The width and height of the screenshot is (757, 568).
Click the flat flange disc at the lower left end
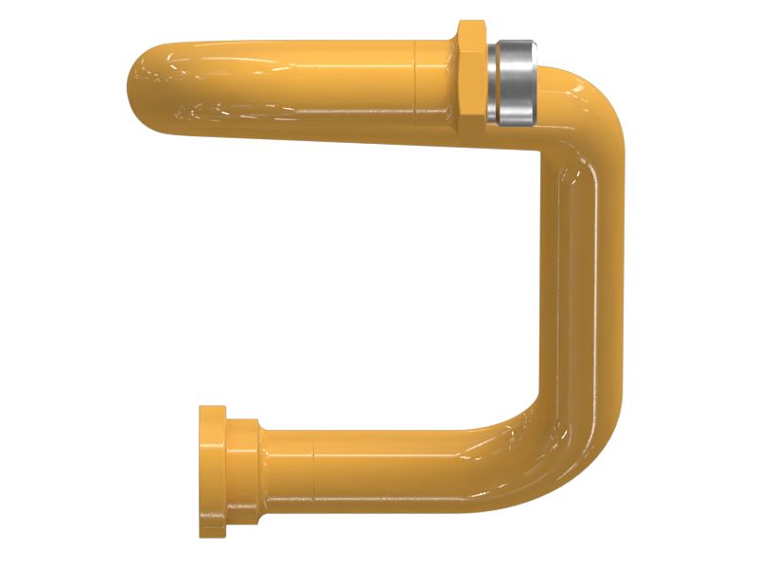(x=212, y=471)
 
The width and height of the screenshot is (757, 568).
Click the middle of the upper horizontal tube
(x=284, y=87)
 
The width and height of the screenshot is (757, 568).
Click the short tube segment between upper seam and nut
(x=436, y=87)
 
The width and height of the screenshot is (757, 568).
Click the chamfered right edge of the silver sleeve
(x=534, y=82)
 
